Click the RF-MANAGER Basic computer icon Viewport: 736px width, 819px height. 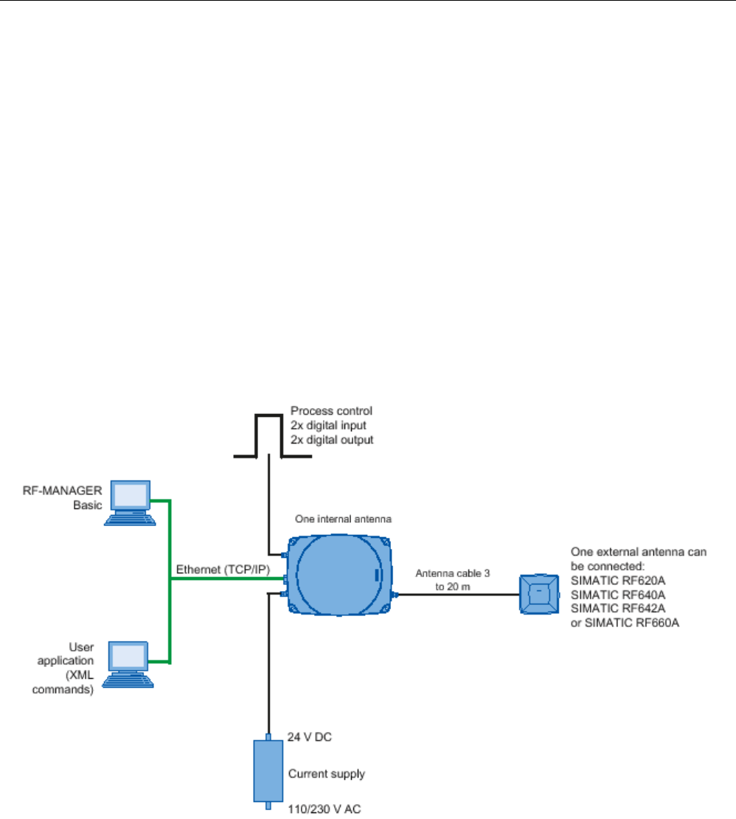(x=130, y=503)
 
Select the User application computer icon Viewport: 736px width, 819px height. (x=128, y=664)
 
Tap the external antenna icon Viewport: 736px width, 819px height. (x=539, y=595)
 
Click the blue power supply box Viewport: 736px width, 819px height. (x=268, y=771)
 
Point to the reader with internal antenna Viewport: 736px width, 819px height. (x=339, y=575)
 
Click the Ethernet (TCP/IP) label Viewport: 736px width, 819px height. (x=223, y=570)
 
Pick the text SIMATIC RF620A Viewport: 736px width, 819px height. (x=618, y=580)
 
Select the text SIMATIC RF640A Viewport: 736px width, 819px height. (x=618, y=595)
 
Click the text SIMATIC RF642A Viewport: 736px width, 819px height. (x=618, y=609)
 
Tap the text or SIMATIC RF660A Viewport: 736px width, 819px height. (x=625, y=623)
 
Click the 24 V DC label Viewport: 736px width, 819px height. (x=310, y=737)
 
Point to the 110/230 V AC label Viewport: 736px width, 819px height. (x=324, y=809)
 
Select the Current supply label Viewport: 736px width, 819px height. (x=326, y=773)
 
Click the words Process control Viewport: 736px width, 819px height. (x=331, y=410)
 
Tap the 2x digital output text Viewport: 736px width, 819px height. (x=332, y=440)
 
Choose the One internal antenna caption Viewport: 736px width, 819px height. (x=343, y=519)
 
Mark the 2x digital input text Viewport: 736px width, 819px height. (x=328, y=425)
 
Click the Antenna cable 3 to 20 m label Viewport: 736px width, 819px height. (x=453, y=580)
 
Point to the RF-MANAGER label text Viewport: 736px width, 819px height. (x=62, y=491)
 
